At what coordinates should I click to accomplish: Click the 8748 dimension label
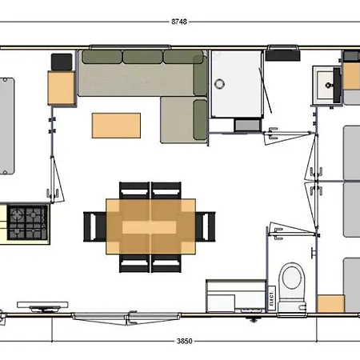(179, 22)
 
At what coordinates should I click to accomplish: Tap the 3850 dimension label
(184, 341)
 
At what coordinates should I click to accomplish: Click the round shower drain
(219, 84)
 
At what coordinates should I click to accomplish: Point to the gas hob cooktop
(27, 222)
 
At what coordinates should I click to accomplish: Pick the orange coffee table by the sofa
(116, 126)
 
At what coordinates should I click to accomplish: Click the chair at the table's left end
(94, 226)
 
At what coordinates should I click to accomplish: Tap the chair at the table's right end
(206, 226)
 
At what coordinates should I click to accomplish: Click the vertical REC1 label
(271, 298)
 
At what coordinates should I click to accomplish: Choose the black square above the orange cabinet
(62, 62)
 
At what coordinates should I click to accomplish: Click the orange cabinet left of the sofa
(61, 88)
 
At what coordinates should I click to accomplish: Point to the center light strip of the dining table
(149, 227)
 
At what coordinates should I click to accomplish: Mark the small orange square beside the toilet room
(330, 303)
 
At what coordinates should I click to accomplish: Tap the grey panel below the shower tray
(248, 126)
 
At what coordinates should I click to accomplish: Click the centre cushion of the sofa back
(142, 57)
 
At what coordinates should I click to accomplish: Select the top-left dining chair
(134, 190)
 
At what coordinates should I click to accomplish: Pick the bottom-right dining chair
(166, 263)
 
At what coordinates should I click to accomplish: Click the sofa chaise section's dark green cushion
(200, 120)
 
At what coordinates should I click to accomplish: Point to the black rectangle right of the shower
(282, 55)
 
